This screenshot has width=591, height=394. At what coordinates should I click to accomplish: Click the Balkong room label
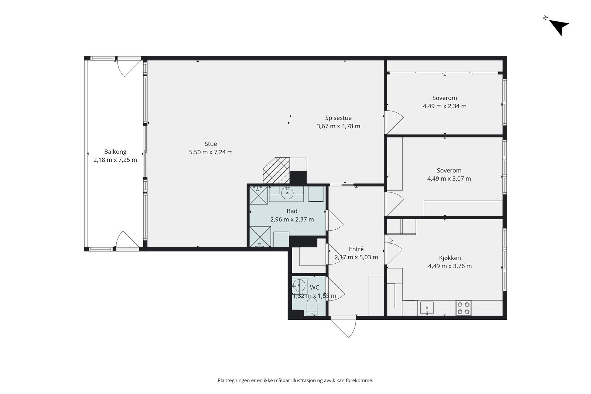(x=115, y=152)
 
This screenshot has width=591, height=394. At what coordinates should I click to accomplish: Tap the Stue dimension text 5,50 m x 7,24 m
(x=211, y=152)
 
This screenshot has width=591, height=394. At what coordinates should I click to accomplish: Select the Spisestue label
(x=338, y=118)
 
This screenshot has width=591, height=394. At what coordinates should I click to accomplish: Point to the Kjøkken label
(x=450, y=258)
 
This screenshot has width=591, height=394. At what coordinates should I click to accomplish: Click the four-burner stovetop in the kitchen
(x=464, y=308)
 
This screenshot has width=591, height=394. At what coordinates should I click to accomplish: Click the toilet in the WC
(x=312, y=308)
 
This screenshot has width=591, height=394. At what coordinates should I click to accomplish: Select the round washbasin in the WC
(x=299, y=285)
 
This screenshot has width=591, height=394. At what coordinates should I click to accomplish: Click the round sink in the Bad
(x=287, y=193)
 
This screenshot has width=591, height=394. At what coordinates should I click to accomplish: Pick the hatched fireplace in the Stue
(x=277, y=170)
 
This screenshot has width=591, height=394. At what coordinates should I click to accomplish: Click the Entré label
(x=356, y=249)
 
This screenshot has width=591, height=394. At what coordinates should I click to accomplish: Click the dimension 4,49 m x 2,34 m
(x=445, y=106)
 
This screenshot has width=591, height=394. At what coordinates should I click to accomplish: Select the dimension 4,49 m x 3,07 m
(x=449, y=179)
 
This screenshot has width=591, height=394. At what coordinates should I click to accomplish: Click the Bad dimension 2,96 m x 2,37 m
(x=292, y=219)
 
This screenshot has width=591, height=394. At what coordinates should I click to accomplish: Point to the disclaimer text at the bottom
(x=295, y=381)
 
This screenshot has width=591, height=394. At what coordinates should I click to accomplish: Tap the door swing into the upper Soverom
(x=395, y=122)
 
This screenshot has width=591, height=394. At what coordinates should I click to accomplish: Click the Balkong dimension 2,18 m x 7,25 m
(x=115, y=160)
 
